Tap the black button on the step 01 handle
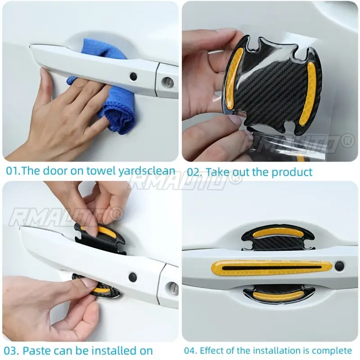click(x=133, y=76)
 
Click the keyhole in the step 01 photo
click(x=167, y=81)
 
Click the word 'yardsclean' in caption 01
click(x=147, y=171)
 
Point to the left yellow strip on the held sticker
click(x=233, y=78)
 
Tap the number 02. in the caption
click(x=194, y=172)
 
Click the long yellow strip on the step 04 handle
click(x=272, y=268)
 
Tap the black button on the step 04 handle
click(x=339, y=266)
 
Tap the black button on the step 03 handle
click(x=132, y=277)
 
